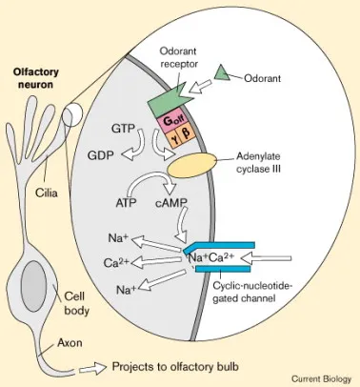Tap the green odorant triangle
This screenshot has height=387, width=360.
(x=222, y=73)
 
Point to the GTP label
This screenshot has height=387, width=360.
(x=122, y=128)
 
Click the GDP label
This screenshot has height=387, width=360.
(x=103, y=154)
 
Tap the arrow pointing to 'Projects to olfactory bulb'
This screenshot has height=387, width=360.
(x=90, y=365)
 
